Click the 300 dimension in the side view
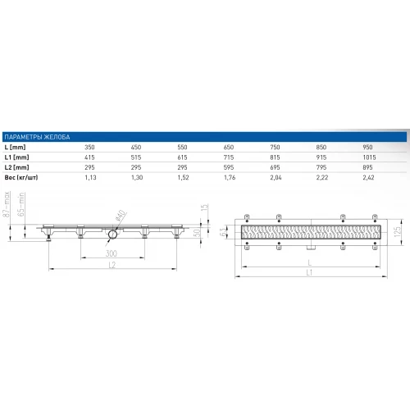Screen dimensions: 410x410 110,232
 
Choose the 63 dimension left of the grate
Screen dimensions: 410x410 225,209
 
